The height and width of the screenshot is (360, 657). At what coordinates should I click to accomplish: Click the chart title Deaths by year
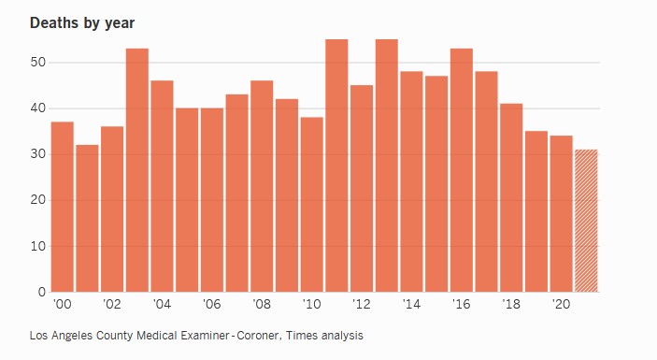coord(82,23)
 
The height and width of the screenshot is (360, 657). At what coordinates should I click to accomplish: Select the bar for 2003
coord(137,170)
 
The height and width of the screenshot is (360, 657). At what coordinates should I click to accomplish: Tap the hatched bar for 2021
coord(586,221)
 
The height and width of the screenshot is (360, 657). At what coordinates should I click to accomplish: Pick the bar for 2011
coord(336,166)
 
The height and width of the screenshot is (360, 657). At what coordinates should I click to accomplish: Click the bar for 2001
coord(87,219)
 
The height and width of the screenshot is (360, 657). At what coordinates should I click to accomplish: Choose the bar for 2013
coord(387,166)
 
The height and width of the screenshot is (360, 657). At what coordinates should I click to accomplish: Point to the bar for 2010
coord(312,205)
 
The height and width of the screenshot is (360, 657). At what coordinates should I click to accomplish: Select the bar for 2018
coord(511,198)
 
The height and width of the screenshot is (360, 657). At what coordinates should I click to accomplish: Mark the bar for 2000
coord(63,207)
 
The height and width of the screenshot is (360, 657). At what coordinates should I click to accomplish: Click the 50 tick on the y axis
coord(37,63)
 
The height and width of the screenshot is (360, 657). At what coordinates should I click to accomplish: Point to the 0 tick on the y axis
coord(41,292)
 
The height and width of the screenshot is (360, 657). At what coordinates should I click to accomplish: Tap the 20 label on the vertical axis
coord(37,200)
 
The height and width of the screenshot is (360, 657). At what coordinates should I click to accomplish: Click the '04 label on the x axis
coord(162,304)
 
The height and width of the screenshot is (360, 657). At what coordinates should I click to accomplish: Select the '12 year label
coord(361,304)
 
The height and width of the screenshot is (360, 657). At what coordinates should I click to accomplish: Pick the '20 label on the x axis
coord(561,304)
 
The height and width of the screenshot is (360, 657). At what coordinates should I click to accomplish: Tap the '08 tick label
coord(262,304)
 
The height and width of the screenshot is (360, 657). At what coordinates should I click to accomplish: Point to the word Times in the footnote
coord(302,336)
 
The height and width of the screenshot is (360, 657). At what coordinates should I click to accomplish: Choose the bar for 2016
coord(462,170)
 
